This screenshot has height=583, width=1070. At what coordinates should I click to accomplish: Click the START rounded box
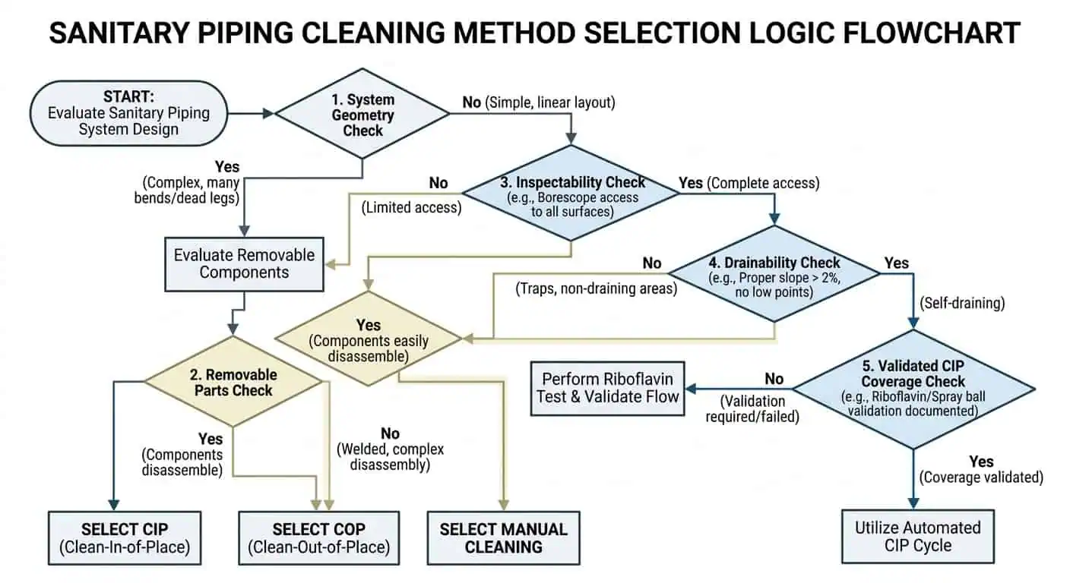[128, 113]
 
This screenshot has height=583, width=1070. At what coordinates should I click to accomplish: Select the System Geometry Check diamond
[362, 114]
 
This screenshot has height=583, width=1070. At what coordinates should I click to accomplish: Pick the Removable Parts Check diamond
[233, 382]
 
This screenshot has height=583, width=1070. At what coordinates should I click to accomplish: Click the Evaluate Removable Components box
[244, 263]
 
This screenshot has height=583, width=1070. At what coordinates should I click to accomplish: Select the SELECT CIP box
[125, 537]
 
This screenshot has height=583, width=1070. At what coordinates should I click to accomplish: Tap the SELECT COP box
[318, 537]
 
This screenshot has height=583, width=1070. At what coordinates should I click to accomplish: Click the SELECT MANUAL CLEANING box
[503, 537]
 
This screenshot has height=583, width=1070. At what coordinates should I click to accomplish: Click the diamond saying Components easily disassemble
[369, 339]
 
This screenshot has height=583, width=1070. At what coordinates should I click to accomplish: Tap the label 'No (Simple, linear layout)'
[538, 102]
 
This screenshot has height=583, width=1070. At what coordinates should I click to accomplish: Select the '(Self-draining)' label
[962, 303]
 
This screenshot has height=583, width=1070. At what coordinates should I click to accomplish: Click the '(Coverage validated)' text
[981, 477]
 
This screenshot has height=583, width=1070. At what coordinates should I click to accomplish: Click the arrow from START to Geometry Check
[250, 113]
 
